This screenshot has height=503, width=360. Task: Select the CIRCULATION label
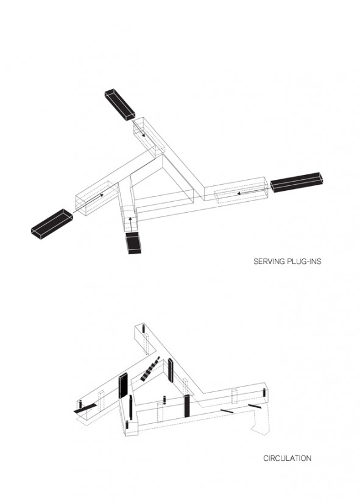288,458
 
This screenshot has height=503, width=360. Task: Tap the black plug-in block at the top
119,105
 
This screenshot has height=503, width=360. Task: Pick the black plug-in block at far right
297,182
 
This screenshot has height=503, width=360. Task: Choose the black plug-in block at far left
52,224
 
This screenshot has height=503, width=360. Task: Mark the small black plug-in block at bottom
133,243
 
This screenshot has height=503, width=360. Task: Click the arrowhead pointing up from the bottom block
130,219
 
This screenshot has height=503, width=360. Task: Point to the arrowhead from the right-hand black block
239,193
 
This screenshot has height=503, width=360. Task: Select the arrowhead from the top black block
143,135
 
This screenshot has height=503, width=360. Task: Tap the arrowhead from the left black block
101,194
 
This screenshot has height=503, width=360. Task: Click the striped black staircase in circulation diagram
150,369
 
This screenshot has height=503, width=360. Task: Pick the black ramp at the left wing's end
85,408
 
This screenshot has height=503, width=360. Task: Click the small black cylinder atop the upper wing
143,329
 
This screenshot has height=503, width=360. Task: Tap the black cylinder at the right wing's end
264,393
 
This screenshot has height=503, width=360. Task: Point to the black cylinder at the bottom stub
127,424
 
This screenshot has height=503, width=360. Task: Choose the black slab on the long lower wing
187,406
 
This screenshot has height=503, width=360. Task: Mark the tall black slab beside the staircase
171,371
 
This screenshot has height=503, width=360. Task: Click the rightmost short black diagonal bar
255,407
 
